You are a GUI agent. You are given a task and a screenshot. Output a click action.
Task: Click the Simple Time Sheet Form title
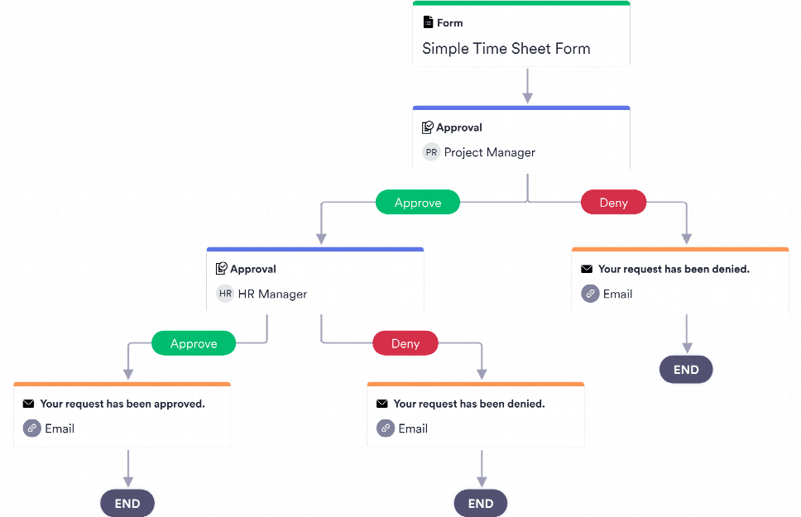[x=506, y=48]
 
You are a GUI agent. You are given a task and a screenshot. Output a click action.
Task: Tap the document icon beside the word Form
[x=428, y=22]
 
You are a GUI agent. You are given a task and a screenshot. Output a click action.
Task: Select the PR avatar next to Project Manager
[x=431, y=152]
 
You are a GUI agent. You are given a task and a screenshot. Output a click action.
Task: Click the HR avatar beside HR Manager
[x=225, y=294]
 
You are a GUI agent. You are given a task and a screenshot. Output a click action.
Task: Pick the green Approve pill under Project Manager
[x=418, y=203]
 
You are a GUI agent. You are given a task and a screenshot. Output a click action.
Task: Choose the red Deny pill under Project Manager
[x=613, y=203]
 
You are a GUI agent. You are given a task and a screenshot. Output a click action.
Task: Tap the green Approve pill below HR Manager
[x=194, y=343]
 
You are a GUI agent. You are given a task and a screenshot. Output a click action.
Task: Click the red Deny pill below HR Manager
[x=405, y=343]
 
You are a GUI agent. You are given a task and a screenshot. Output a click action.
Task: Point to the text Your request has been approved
[x=122, y=404]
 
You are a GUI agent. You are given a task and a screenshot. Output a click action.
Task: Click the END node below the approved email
[x=127, y=503]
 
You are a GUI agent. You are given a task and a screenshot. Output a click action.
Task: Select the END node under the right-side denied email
[x=686, y=370]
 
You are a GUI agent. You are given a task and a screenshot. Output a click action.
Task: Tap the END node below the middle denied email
[x=481, y=503]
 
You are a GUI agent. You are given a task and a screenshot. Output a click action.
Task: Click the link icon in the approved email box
[x=31, y=428]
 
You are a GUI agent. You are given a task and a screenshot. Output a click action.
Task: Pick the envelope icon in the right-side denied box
[x=587, y=269]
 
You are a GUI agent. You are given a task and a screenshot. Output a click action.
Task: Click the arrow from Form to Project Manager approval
[x=527, y=86]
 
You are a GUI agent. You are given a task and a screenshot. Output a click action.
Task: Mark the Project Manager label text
[x=489, y=152]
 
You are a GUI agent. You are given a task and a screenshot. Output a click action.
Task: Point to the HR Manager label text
[x=272, y=294]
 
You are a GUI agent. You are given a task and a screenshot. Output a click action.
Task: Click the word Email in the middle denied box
[x=413, y=428]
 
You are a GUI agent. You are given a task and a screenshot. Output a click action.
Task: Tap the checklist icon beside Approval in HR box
[x=221, y=269]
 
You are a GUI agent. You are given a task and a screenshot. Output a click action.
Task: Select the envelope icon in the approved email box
[x=29, y=404]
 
